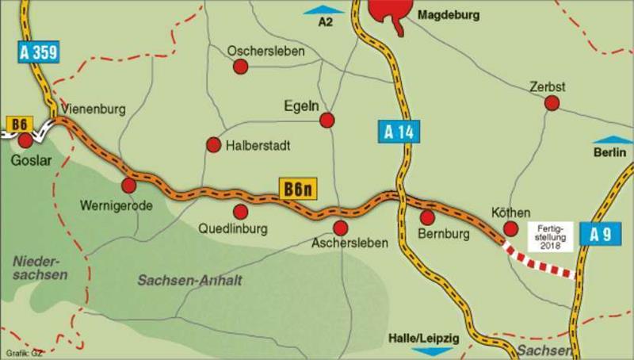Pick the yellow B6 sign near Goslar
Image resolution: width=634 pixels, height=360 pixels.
18,123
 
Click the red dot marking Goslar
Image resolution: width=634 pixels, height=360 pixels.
26,140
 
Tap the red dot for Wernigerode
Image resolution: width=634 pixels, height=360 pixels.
128,185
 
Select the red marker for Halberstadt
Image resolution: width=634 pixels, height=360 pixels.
213,144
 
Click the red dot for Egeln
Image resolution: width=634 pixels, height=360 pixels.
326,120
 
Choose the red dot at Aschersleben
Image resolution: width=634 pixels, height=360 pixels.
341,228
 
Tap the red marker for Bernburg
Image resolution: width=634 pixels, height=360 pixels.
427,216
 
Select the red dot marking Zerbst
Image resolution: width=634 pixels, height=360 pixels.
552,102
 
